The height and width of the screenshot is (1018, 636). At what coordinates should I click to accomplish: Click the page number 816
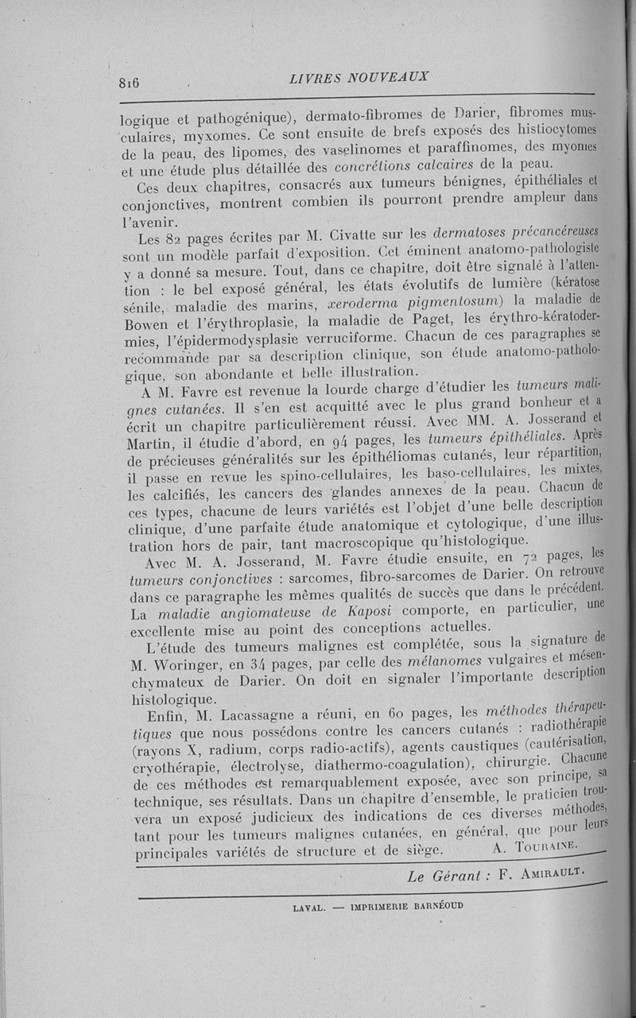[129, 83]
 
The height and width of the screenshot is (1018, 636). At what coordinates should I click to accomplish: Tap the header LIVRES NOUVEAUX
[359, 77]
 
